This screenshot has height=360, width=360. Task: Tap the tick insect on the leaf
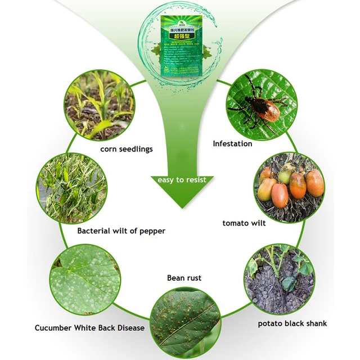[x=256, y=105]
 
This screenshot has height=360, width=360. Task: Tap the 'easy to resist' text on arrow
[x=182, y=180]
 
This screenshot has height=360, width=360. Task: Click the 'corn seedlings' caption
[x=127, y=149]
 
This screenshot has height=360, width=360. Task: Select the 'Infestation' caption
[x=232, y=143]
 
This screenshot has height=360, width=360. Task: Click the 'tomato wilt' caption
[x=244, y=223]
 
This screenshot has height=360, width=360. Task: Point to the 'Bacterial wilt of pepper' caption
[x=121, y=231]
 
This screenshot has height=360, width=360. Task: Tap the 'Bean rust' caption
[x=184, y=278]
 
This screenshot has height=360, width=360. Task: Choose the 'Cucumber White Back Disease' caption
[x=89, y=328]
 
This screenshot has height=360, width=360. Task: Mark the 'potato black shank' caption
[x=292, y=323]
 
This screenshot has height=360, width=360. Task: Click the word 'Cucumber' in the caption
[x=53, y=328]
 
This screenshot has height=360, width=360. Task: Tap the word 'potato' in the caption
[x=271, y=324]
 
